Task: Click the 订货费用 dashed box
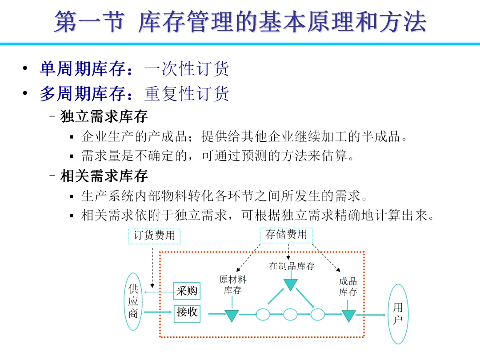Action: coord(154,236)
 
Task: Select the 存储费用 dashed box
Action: coord(286,235)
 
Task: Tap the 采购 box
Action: coord(187,291)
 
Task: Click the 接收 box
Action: coord(187,312)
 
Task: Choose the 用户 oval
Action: coord(398,314)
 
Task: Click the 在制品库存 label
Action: coord(292,266)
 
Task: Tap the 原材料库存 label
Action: coord(232,285)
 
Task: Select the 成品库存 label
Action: coord(348,287)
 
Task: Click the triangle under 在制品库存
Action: coord(290,284)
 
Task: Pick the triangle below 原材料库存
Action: coord(232,315)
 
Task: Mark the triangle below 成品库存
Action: coord(348,315)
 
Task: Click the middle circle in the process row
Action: coord(290,314)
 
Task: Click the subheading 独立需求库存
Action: coord(104,117)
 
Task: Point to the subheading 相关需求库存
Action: coord(104,176)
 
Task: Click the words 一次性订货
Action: coord(187,69)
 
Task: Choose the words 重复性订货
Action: coord(187,94)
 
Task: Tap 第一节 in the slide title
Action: coord(88,22)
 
